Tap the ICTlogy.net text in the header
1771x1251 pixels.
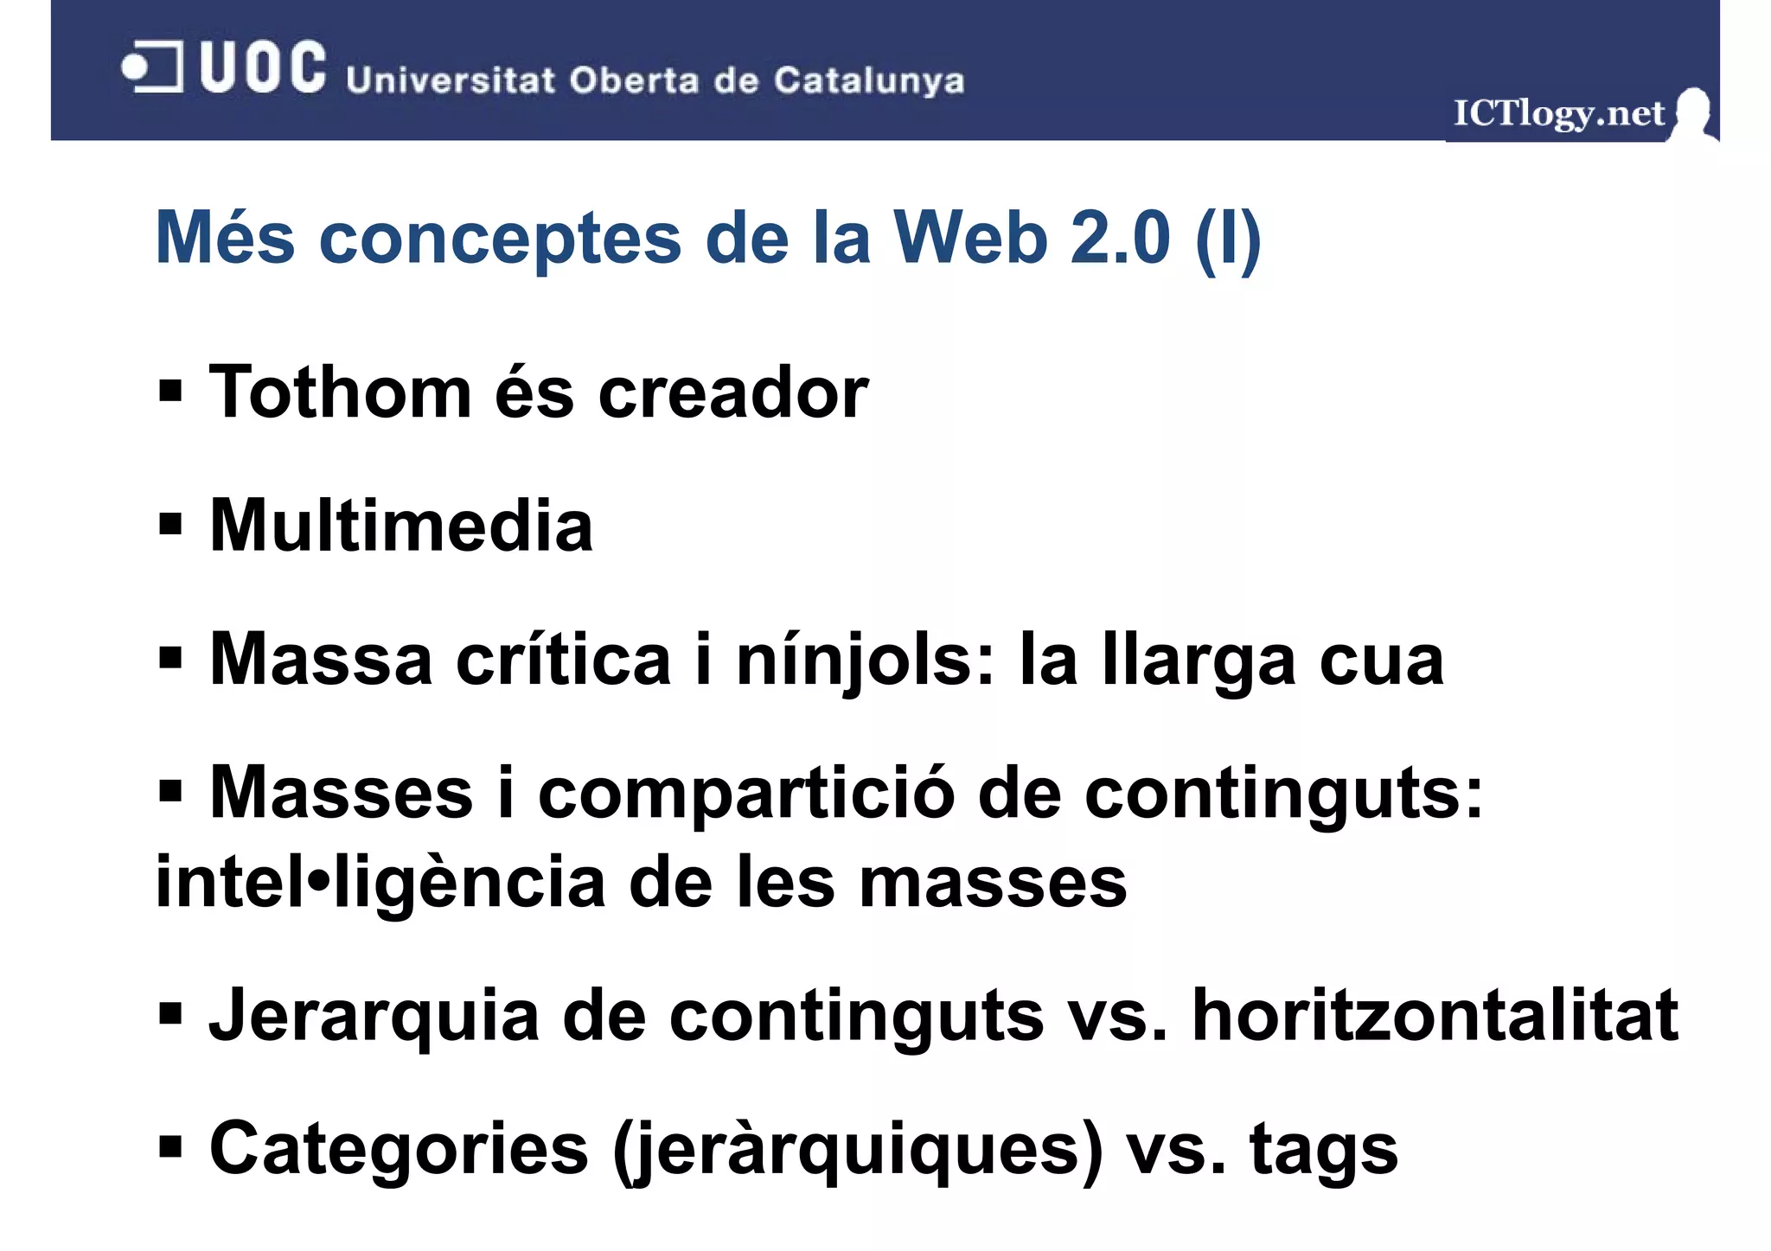click(x=1558, y=113)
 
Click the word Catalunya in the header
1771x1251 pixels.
click(x=868, y=80)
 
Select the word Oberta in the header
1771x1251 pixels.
click(x=634, y=80)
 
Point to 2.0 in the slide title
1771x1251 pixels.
click(x=1120, y=238)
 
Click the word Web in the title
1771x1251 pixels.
click(x=970, y=238)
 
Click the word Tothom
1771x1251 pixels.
click(x=341, y=393)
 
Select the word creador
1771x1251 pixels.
click(x=733, y=393)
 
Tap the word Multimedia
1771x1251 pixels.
click(x=401, y=526)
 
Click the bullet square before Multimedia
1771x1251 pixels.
click(x=170, y=524)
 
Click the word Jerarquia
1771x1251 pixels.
click(x=374, y=1017)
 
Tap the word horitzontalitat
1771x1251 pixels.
click(x=1435, y=1015)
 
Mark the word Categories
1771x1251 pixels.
click(x=399, y=1150)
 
